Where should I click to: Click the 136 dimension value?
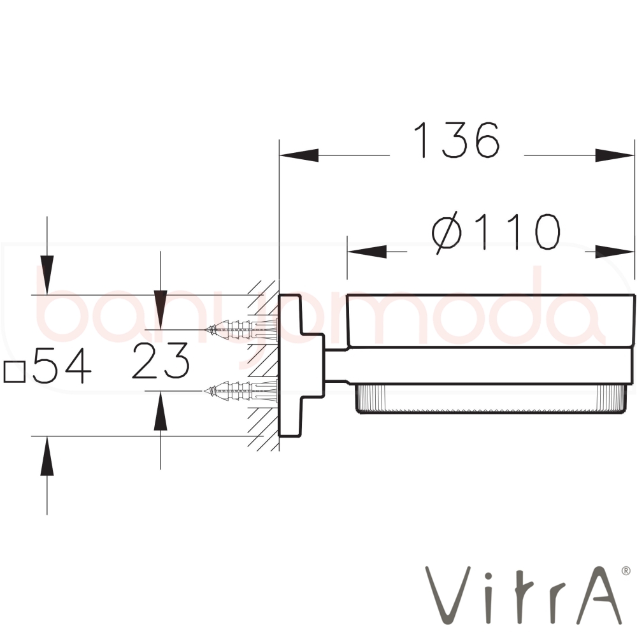(x=456, y=141)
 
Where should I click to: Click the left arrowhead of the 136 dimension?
(x=299, y=155)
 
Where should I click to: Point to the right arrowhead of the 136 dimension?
(x=615, y=155)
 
